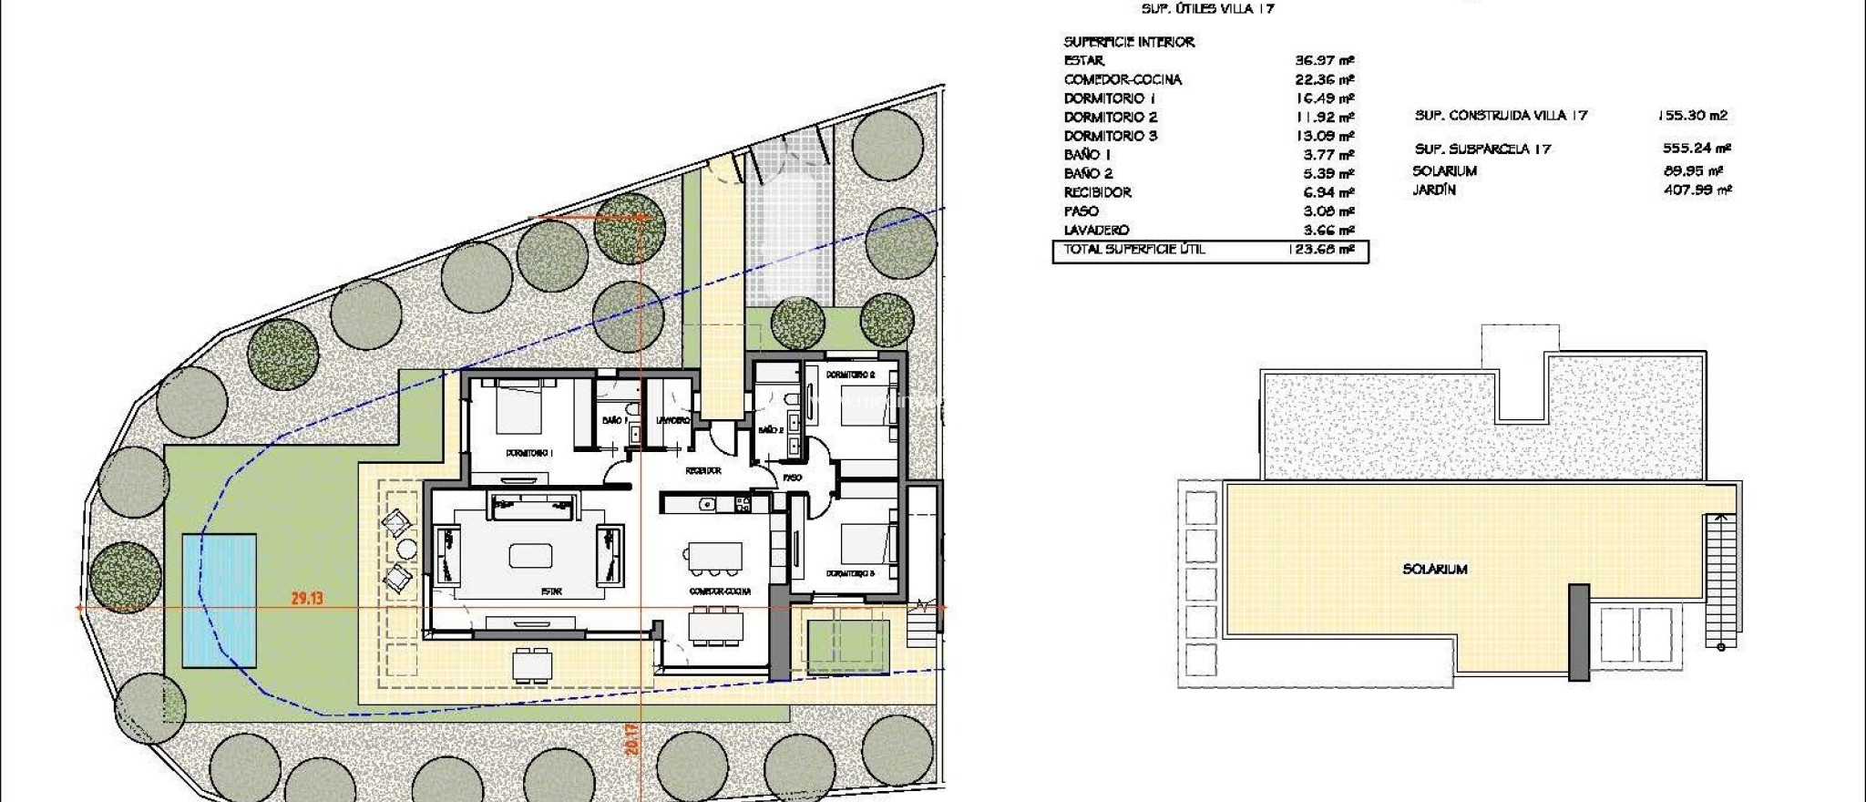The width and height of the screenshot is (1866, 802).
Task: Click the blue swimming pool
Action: [x=219, y=600]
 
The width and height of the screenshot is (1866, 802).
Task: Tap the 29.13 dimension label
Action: [x=307, y=599]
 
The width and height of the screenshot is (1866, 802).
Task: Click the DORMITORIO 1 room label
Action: [x=530, y=453]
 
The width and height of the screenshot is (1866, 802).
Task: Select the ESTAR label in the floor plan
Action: [x=551, y=591]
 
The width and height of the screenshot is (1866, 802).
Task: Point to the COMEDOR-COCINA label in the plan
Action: [x=720, y=591]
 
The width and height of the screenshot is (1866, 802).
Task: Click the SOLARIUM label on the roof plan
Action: [x=1434, y=569]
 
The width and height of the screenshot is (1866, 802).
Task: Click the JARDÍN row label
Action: [x=1434, y=190]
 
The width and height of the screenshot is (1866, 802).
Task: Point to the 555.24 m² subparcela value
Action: [x=1696, y=149]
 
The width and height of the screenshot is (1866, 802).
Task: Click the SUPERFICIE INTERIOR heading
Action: [x=1128, y=42]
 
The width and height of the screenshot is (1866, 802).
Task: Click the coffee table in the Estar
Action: [x=530, y=555]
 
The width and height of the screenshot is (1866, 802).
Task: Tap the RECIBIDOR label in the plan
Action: [x=703, y=471]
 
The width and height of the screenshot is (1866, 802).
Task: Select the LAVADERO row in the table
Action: [x=1096, y=231]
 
